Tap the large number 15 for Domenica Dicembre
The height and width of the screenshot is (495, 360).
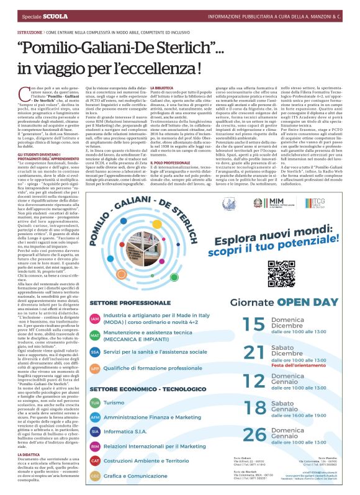(254, 323)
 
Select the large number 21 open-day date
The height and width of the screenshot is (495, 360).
(254, 352)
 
